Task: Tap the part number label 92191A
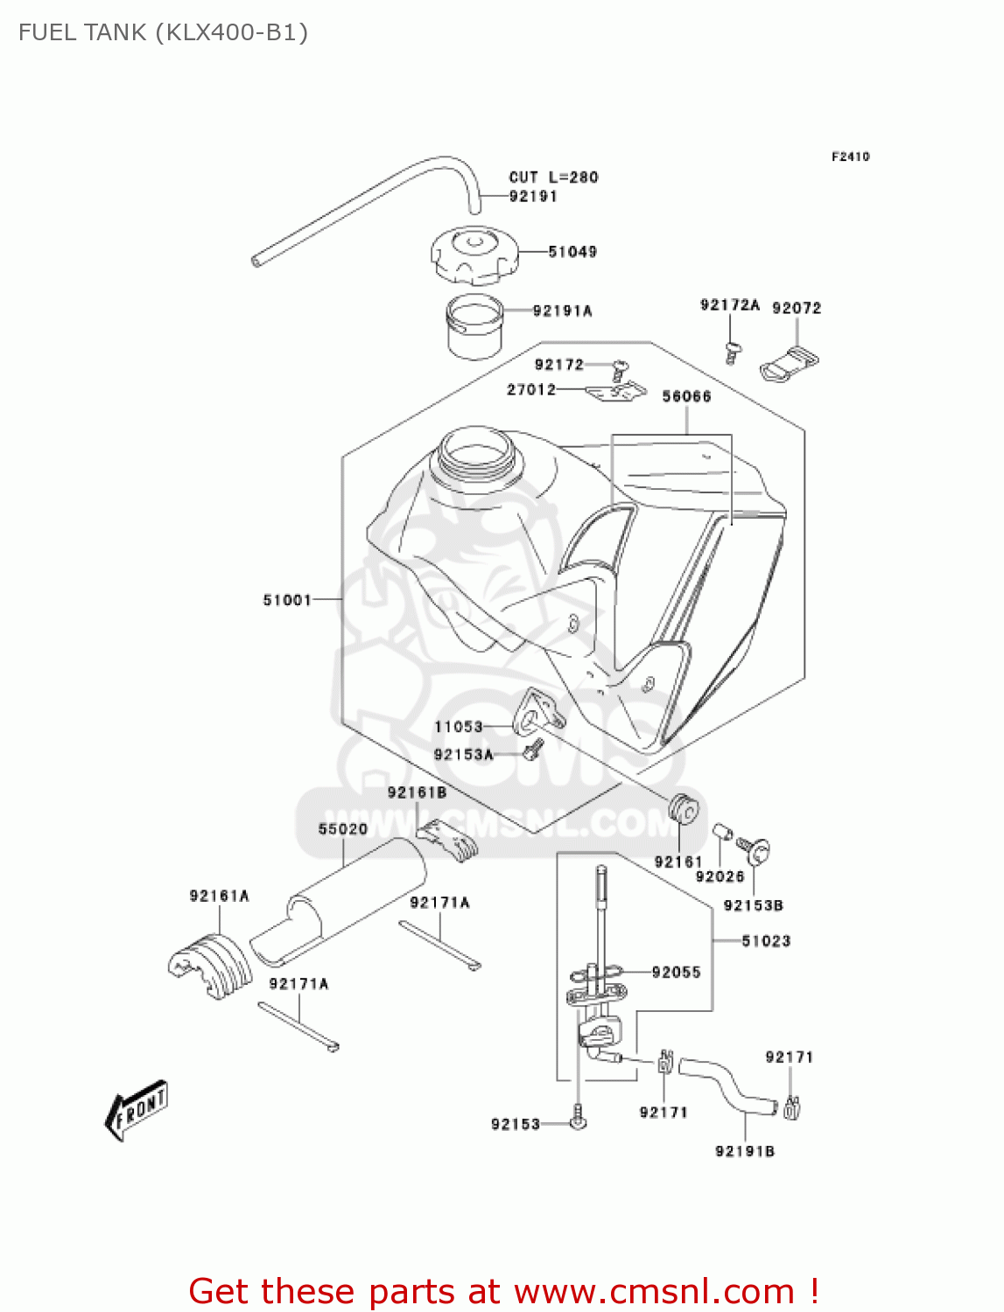[562, 311]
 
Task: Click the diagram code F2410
[850, 157]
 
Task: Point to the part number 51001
[287, 600]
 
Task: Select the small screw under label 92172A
[732, 352]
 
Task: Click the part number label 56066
[686, 396]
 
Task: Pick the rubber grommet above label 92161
[685, 810]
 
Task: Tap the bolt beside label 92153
[577, 1117]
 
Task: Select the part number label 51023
[766, 941]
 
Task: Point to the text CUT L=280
[553, 177]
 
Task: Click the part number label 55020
[342, 828]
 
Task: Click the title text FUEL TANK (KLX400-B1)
[163, 32]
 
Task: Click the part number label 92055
[676, 972]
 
